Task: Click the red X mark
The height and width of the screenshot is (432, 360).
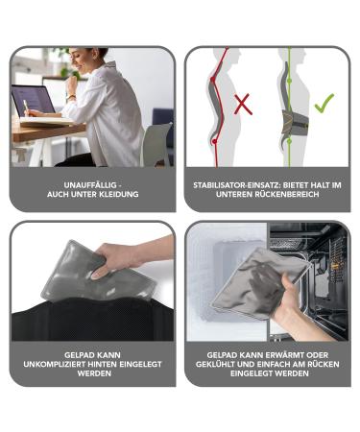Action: click(243, 103)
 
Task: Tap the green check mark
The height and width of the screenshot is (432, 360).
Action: click(324, 102)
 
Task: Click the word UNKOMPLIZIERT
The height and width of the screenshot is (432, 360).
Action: click(59, 363)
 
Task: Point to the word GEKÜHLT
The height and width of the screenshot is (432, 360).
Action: click(225, 363)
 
